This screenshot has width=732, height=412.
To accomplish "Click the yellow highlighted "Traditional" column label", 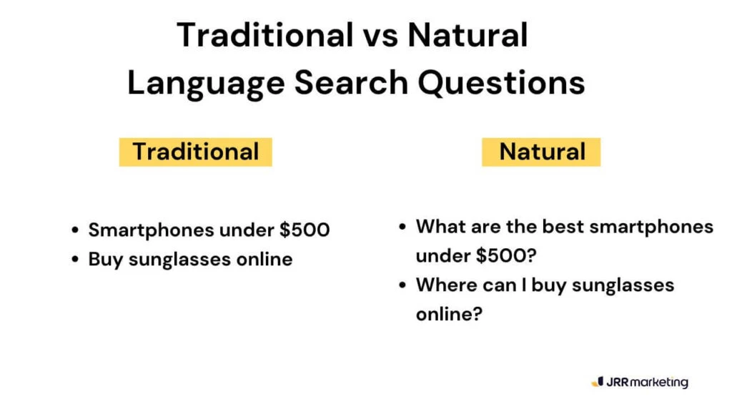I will coord(195,152).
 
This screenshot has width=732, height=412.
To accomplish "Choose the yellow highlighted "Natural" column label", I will coord(542,152).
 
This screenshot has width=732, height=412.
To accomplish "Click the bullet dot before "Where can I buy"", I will coord(403,285).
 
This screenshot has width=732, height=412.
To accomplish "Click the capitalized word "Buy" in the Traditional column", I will coord(105,259).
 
